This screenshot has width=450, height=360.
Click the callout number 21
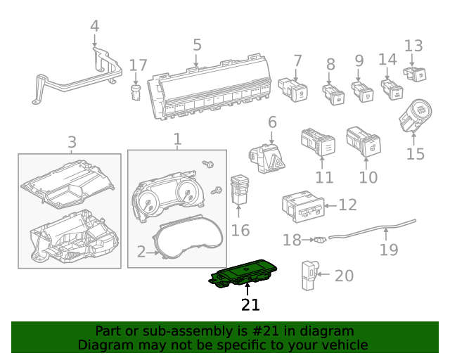250,304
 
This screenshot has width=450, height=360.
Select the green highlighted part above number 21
246,275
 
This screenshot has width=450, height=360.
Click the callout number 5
197,45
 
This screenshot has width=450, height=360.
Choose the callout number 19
389,250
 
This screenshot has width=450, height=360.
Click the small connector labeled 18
320,240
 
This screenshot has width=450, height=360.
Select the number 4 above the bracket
95,27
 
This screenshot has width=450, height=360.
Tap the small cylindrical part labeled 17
137,91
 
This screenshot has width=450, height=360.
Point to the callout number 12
347,205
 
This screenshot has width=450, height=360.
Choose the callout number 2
141,251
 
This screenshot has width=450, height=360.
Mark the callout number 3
72,143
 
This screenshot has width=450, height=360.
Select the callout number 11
323,177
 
